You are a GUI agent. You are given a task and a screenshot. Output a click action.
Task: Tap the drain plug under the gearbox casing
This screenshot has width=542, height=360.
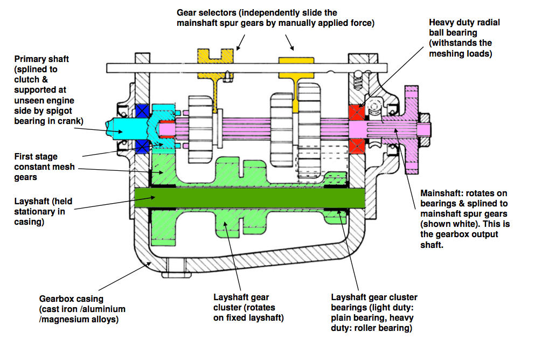[172, 267]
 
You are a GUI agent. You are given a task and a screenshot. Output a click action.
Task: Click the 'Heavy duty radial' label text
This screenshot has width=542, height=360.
[464, 23]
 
